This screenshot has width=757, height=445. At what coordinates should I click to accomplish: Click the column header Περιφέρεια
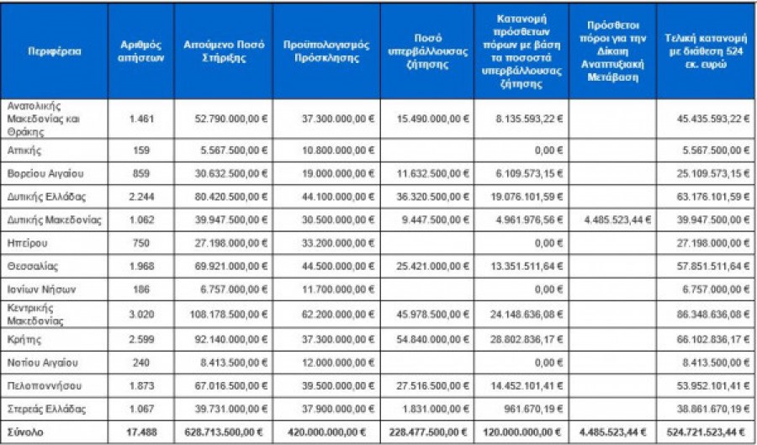54,50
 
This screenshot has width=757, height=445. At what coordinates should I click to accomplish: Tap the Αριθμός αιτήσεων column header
140,50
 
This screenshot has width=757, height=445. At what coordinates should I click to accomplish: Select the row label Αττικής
24,150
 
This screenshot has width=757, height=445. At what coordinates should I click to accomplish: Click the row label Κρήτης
24,338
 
